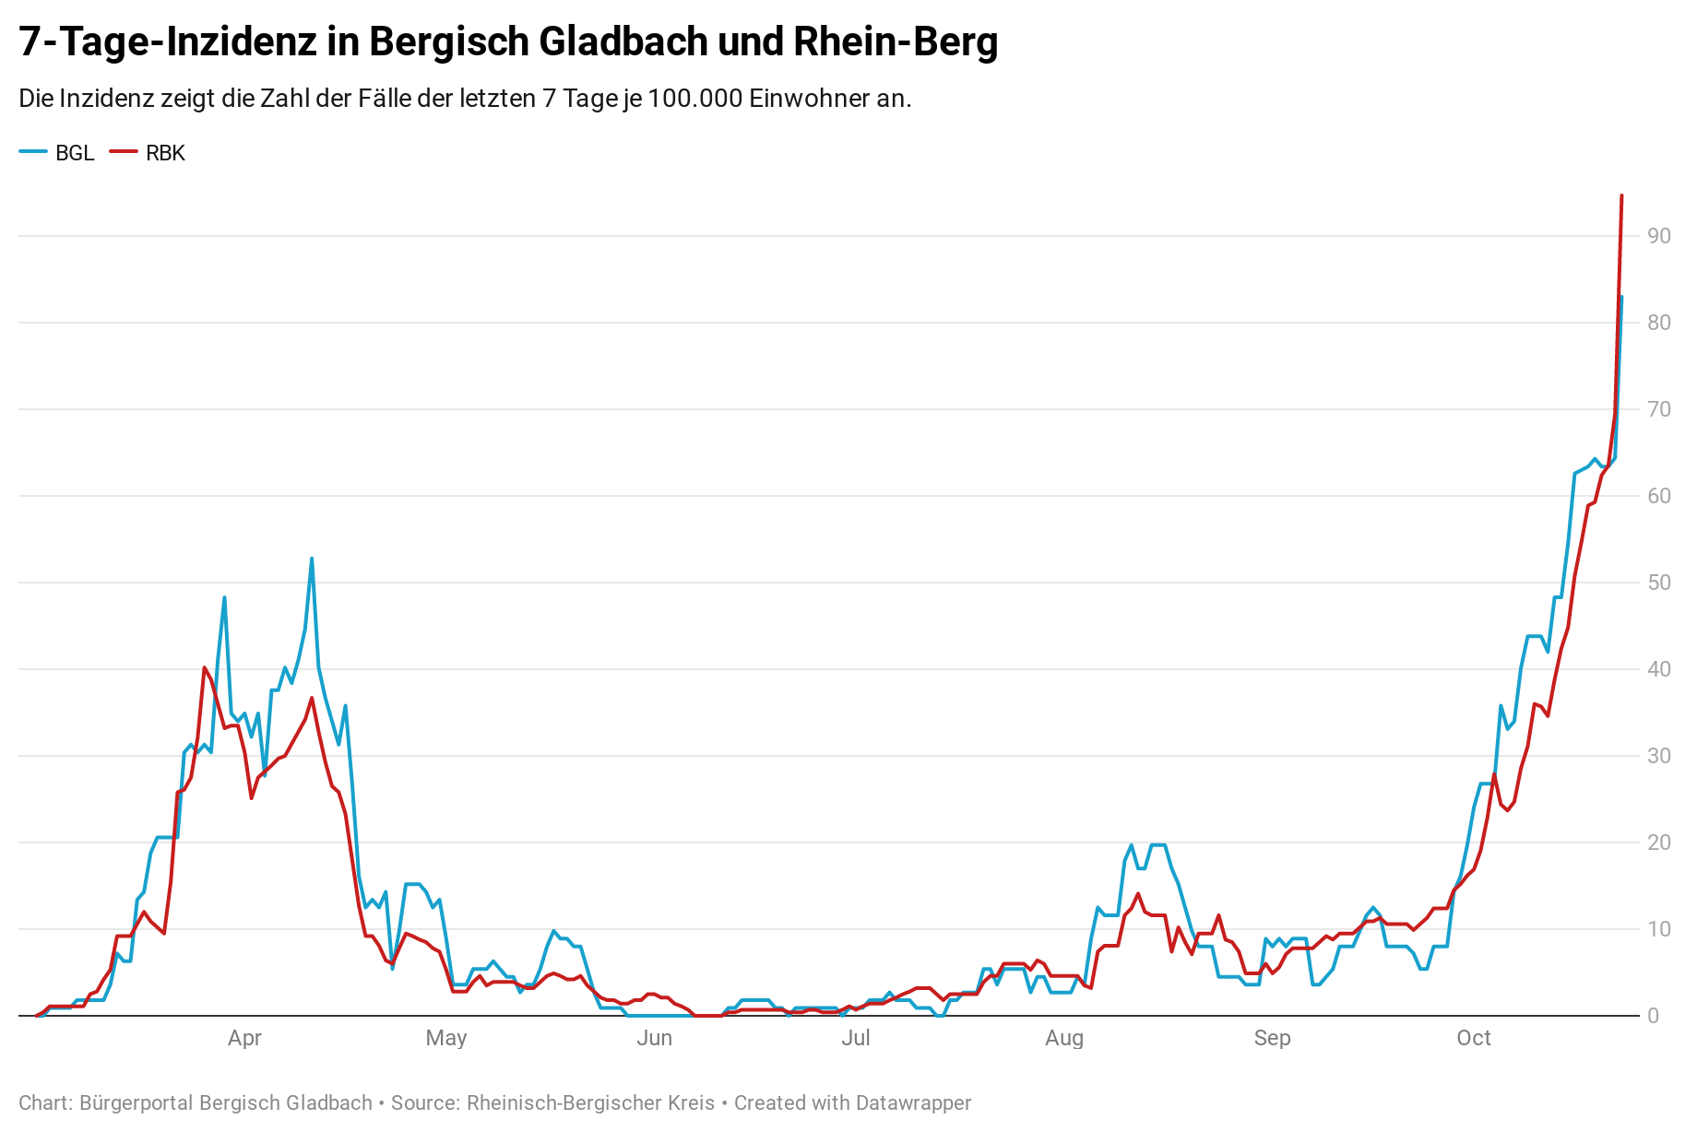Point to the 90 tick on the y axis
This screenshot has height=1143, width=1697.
click(x=1659, y=236)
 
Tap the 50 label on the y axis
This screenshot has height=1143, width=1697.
click(x=1659, y=583)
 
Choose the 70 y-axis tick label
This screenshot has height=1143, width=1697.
click(x=1659, y=409)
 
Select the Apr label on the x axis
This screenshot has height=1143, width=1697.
click(x=244, y=1038)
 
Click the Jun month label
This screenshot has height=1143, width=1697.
click(x=654, y=1038)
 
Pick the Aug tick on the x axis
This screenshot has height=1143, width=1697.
click(x=1064, y=1038)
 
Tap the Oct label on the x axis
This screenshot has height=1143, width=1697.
click(x=1474, y=1038)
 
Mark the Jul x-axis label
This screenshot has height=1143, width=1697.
click(x=856, y=1038)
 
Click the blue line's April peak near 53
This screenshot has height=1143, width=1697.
click(x=312, y=559)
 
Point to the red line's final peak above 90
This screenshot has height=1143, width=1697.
click(x=1621, y=196)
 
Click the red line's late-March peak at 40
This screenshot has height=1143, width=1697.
click(x=204, y=667)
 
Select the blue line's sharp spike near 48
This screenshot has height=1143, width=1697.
click(x=224, y=597)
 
